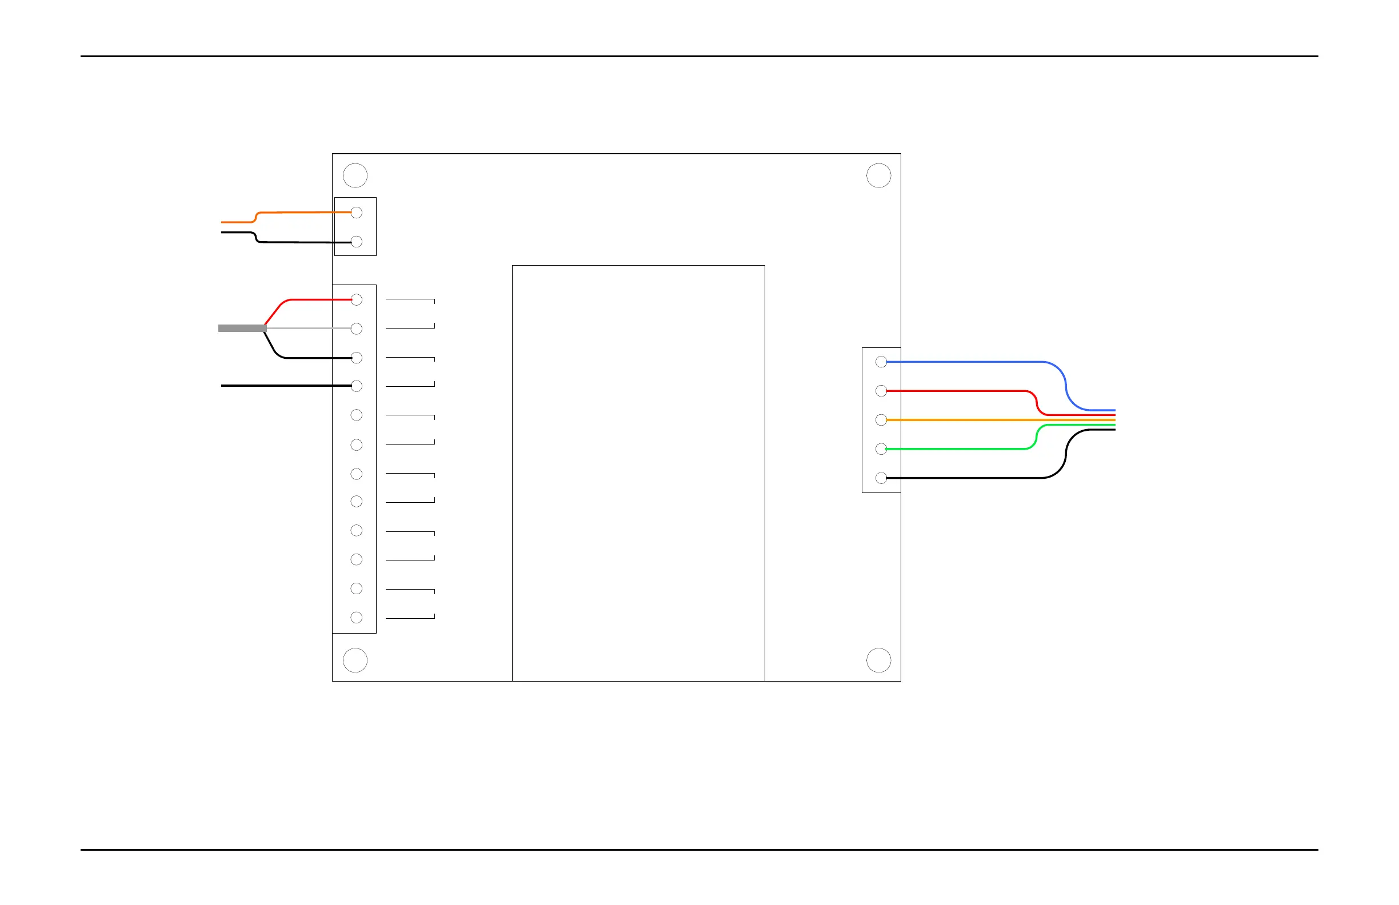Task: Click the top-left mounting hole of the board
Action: pos(355,176)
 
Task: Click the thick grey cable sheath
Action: pos(242,329)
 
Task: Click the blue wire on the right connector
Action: pos(970,362)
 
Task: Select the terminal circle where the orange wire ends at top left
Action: pos(356,213)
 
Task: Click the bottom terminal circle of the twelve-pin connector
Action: pos(356,618)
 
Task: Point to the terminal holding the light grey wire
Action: pos(356,329)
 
